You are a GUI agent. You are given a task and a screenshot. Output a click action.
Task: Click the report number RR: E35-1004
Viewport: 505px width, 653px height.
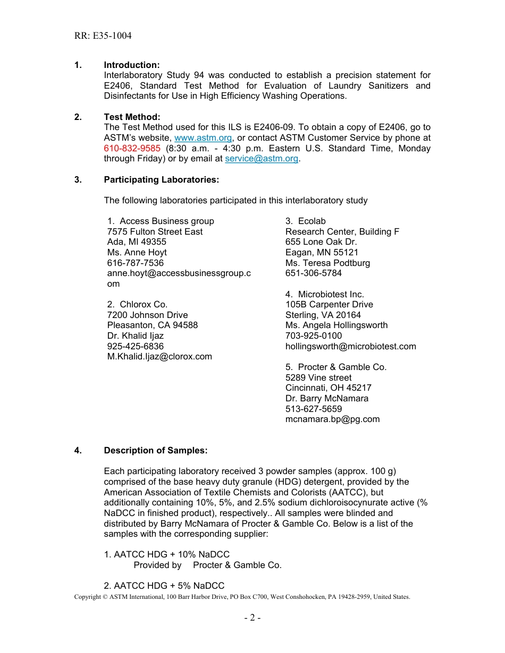pos(103,36)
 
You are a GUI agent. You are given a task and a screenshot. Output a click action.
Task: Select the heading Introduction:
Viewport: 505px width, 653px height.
pos(131,65)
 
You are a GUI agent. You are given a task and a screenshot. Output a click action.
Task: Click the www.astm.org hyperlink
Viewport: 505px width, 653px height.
pos(203,138)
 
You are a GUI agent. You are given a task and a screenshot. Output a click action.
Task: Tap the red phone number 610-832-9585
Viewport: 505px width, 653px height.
pos(132,149)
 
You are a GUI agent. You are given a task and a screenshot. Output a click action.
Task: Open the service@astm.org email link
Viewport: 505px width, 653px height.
pos(262,159)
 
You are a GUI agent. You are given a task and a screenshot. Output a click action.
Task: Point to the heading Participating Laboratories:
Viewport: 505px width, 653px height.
pos(161,180)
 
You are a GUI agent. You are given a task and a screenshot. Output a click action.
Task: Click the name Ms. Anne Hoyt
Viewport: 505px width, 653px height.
pos(137,253)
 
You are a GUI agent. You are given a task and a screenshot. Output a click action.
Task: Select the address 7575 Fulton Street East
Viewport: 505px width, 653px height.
pos(155,232)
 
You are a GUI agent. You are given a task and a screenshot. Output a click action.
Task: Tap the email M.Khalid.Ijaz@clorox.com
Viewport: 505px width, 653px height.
pos(159,357)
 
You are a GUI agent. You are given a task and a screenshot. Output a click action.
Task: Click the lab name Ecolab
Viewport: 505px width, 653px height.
pos(312,221)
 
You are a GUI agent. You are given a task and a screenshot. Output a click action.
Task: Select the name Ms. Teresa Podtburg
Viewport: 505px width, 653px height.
pos(327,263)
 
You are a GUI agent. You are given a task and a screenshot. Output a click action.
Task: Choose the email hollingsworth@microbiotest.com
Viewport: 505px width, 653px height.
pos(350,347)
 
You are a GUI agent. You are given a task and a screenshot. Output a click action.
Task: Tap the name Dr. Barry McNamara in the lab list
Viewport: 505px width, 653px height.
pos(326,399)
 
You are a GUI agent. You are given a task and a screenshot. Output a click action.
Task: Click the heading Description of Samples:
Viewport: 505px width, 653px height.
pos(155,451)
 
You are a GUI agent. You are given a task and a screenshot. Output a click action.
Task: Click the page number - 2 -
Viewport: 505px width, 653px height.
pos(252,618)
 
